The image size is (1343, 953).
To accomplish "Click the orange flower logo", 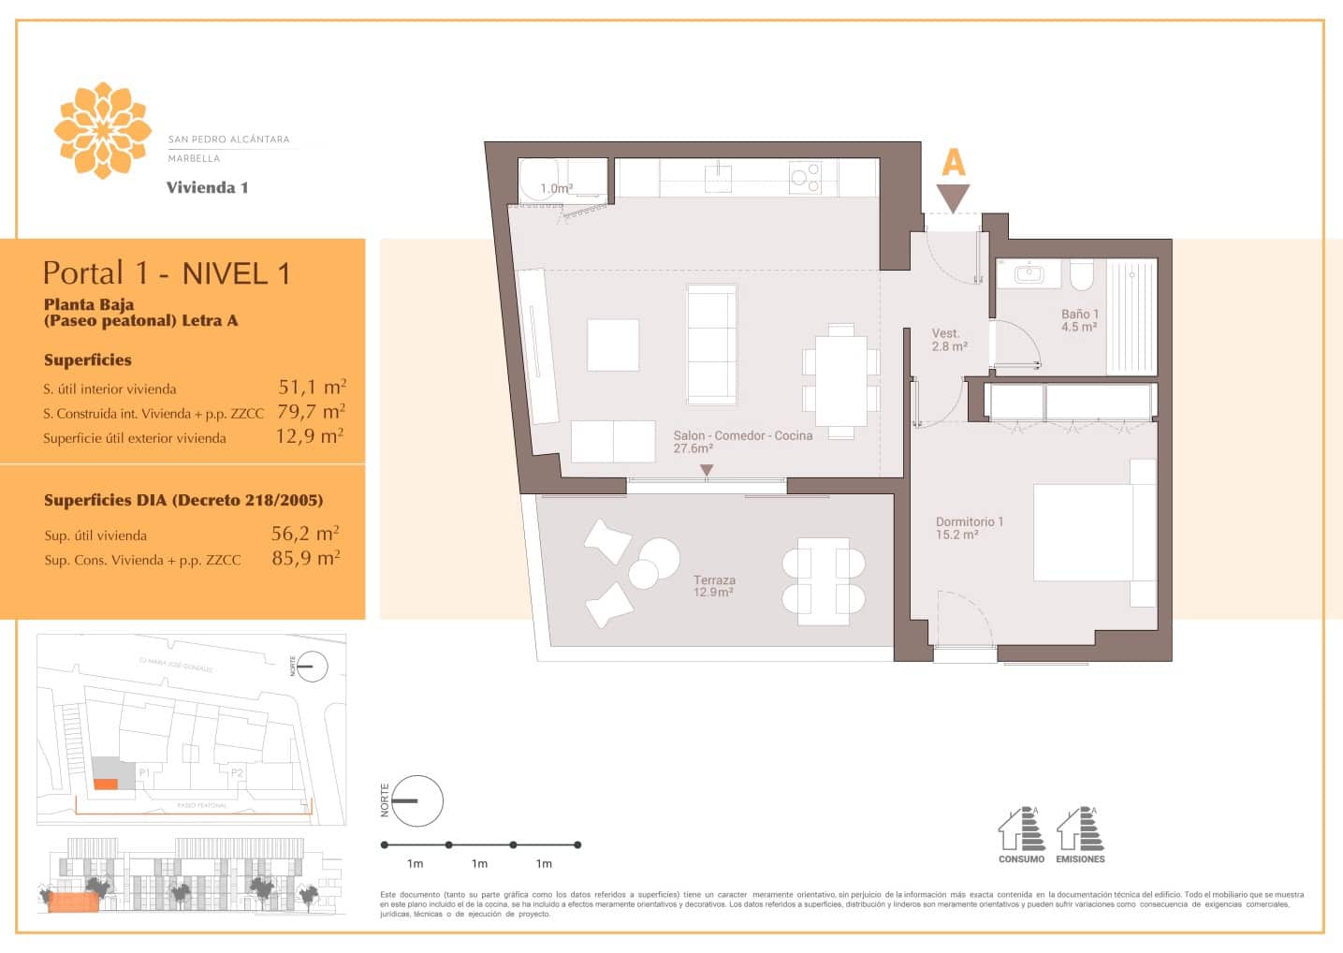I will tap(102, 130).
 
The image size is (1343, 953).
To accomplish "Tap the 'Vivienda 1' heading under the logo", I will tap(207, 187).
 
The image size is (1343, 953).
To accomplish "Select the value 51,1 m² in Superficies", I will tap(312, 387).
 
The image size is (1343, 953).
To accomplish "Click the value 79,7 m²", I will tap(311, 411).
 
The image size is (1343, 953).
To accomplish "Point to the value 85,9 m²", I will tap(305, 558).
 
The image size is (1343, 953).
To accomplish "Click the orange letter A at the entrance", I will tap(953, 163).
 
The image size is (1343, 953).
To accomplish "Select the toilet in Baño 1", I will tap(1081, 274).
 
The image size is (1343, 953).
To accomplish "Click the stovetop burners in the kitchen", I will tap(805, 178).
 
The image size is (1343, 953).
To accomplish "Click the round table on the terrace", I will tap(659, 558).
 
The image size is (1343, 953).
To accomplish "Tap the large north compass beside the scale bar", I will tap(416, 800).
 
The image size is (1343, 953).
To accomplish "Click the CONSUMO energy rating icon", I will tap(1020, 833).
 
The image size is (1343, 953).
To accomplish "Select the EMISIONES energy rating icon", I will tap(1080, 833).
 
